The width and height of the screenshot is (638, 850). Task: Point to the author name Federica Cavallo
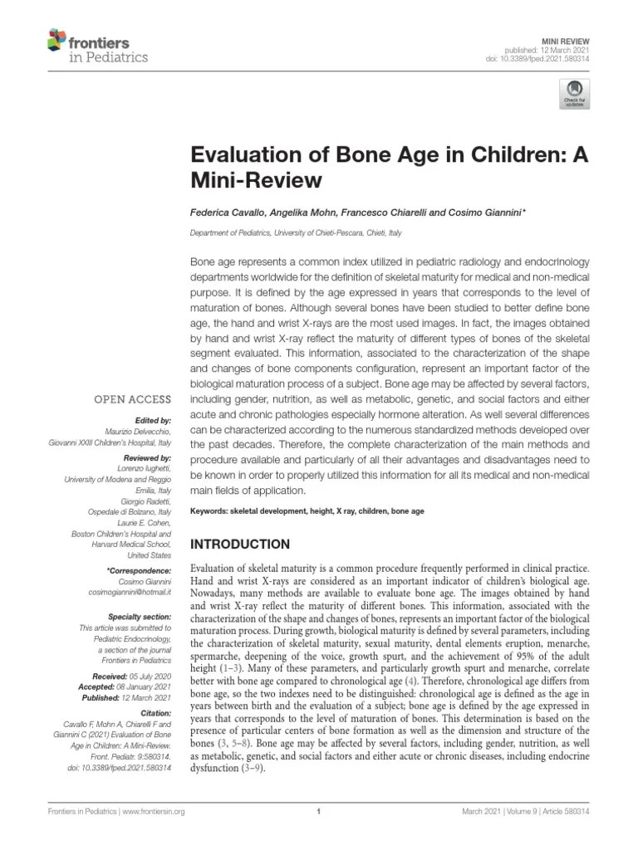click(x=226, y=212)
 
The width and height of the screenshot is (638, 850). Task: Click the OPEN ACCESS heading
click(x=133, y=399)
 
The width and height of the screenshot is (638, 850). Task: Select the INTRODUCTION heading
click(x=241, y=545)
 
